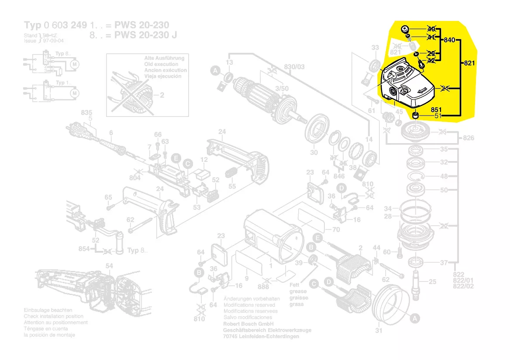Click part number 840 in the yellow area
pyautogui.click(x=450, y=40)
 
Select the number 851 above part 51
pyautogui.click(x=437, y=110)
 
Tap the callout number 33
pyautogui.click(x=375, y=48)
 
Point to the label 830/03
pyautogui.click(x=294, y=66)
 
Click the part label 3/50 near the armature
pyautogui.click(x=282, y=89)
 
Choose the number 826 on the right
pyautogui.click(x=469, y=138)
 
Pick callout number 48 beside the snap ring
pyautogui.click(x=444, y=176)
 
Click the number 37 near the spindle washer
pyautogui.click(x=444, y=262)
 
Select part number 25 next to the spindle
pyautogui.click(x=432, y=282)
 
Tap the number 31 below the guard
pyautogui.click(x=379, y=330)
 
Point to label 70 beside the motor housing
pyautogui.click(x=336, y=230)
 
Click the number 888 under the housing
pyautogui.click(x=263, y=287)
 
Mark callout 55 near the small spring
pyautogui.click(x=232, y=186)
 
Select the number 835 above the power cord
pyautogui.click(x=86, y=113)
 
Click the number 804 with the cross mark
pyautogui.click(x=135, y=178)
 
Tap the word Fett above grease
pyautogui.click(x=295, y=285)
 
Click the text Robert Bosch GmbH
pyautogui.click(x=248, y=324)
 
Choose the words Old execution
pyautogui.click(x=161, y=64)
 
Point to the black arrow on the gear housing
pyautogui.click(x=421, y=90)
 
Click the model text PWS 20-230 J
pyautogui.click(x=145, y=35)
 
